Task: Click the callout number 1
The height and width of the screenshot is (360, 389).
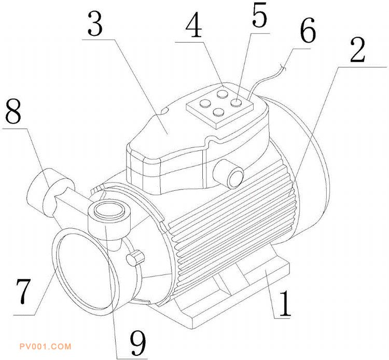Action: pos(285,304)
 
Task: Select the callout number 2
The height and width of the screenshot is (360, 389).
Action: pos(357,50)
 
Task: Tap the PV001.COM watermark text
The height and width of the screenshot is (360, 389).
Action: pos(46,347)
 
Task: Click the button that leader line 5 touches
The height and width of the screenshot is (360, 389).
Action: pos(236,102)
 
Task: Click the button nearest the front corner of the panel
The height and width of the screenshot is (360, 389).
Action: pos(219,113)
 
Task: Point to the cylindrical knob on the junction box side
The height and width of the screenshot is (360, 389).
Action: pos(229,173)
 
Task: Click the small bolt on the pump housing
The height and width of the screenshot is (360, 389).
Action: pos(135,258)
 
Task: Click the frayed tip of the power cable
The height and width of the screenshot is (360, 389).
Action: pos(283,67)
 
